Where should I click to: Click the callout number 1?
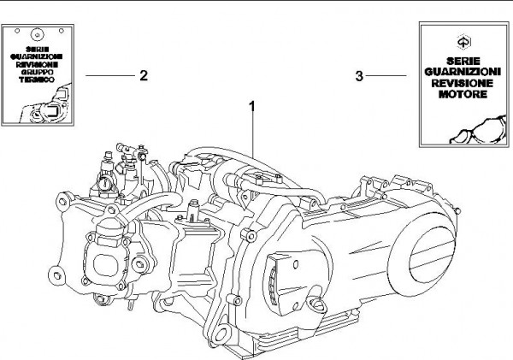pyautogui.click(x=253, y=106)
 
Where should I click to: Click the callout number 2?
pyautogui.click(x=144, y=75)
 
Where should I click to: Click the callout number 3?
pyautogui.click(x=359, y=76)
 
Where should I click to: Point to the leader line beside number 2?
pyautogui.click(x=109, y=75)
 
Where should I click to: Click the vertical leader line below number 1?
pyautogui.click(x=253, y=137)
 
